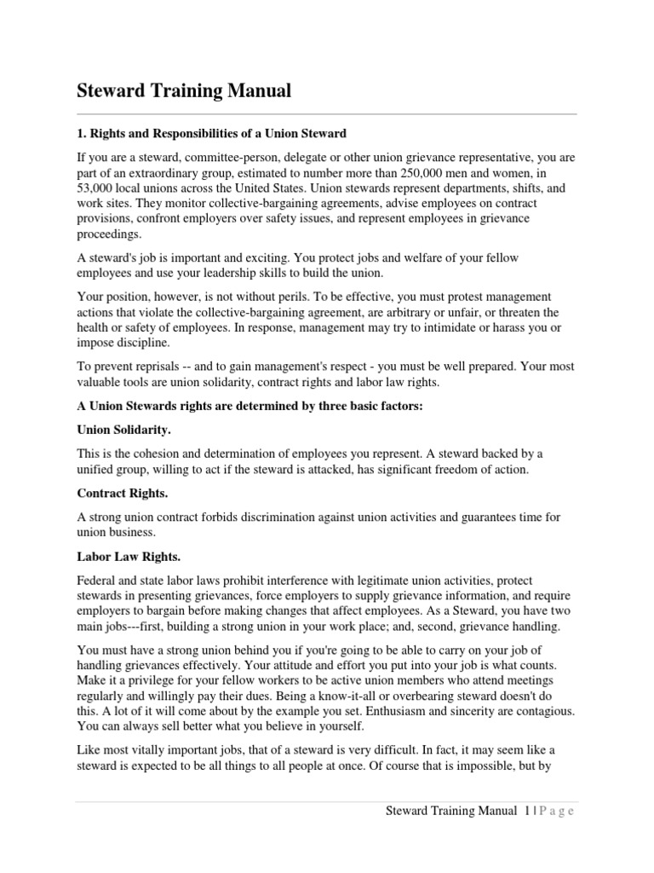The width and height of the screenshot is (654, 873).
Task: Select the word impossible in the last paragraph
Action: [x=500, y=766]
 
